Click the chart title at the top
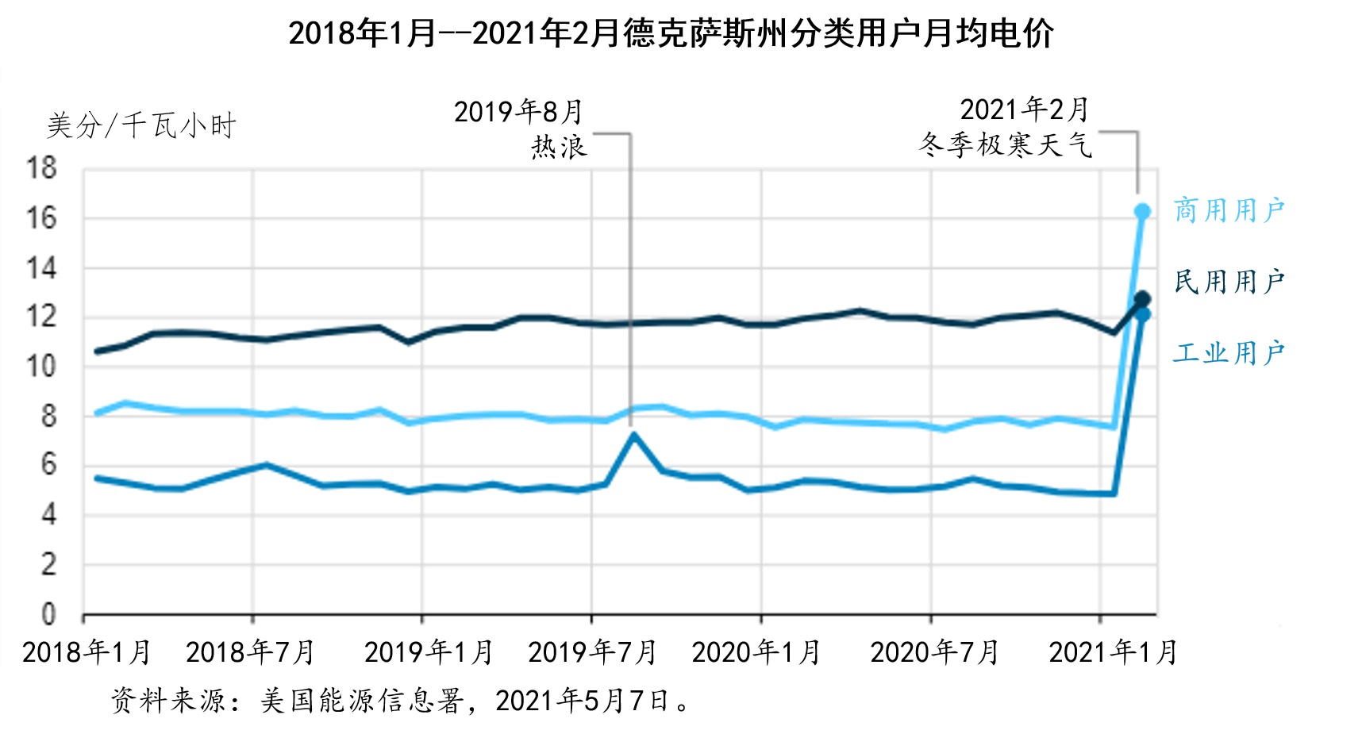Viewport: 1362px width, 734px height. tap(671, 34)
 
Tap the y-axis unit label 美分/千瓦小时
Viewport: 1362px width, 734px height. tap(141, 125)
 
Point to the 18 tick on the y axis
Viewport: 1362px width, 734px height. tap(41, 168)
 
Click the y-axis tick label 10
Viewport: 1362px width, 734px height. tap(41, 367)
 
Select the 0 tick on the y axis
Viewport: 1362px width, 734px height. tap(48, 614)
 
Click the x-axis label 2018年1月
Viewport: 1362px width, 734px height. tap(87, 652)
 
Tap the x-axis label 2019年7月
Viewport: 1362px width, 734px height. tap(592, 652)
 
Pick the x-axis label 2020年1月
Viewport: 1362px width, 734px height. tap(756, 652)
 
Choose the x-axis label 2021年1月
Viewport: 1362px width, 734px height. tap(1113, 652)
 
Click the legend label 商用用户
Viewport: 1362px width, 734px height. tap(1229, 210)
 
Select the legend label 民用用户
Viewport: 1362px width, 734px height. tap(1229, 281)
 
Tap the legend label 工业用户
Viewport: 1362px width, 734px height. tap(1229, 352)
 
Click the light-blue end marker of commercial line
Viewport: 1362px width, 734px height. tap(1143, 212)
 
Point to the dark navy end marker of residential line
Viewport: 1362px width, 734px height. tap(1143, 299)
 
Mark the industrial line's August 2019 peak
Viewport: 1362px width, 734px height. tap(633, 434)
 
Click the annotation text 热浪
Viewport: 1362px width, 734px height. tap(560, 147)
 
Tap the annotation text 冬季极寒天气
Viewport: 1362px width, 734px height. tap(1006, 144)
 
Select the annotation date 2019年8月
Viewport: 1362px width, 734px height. tap(518, 112)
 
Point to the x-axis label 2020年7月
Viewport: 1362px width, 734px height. tap(934, 652)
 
